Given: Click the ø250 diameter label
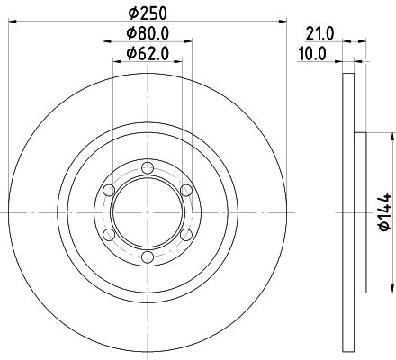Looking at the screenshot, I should point(148,13).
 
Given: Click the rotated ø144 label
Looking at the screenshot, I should point(382,211).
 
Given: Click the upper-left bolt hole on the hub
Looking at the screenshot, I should point(109,190).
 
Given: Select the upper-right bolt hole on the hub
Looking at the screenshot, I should point(186,190).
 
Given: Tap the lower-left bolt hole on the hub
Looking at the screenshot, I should point(109,234).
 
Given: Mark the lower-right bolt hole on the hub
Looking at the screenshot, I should point(186,234).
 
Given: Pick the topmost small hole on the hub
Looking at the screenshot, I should point(148,167).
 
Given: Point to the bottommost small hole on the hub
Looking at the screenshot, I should point(148,256).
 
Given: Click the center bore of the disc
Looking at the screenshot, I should point(148,212).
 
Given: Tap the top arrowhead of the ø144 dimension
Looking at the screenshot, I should point(392,138).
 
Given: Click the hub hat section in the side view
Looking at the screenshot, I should point(361,212).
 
